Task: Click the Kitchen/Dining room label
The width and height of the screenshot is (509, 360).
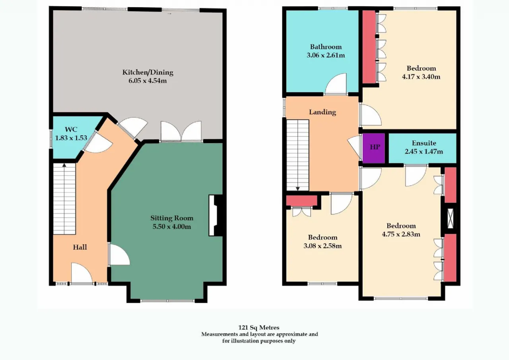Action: click(148, 72)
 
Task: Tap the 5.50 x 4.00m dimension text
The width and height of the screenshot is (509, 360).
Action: click(171, 227)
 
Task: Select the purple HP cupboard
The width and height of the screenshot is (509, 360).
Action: click(373, 148)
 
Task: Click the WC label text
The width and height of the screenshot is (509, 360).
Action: click(71, 129)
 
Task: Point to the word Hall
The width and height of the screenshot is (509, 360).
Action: click(80, 247)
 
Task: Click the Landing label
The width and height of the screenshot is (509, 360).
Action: click(322, 112)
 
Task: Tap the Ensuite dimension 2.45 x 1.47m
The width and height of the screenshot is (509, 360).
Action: click(424, 152)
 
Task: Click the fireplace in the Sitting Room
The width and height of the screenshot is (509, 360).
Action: click(216, 216)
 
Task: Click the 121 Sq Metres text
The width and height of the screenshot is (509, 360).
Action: click(259, 327)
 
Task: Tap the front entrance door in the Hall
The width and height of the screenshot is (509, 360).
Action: click(82, 273)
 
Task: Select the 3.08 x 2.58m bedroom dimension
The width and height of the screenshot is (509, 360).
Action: click(322, 246)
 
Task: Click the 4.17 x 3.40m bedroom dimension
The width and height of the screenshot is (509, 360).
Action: click(421, 77)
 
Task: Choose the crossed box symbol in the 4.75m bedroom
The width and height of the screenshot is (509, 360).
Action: click(450, 218)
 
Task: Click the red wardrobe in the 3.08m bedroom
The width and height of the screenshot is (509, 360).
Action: click(301, 200)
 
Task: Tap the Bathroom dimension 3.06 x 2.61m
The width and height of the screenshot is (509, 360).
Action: click(326, 55)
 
